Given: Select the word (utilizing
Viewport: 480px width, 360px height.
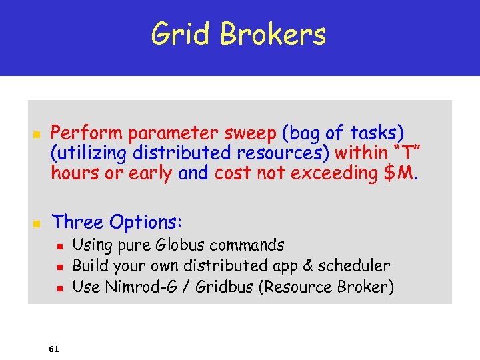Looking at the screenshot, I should [x=89, y=153].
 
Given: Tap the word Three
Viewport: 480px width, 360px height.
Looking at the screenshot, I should [x=78, y=221].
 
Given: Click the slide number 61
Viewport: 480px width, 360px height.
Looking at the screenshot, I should [x=53, y=349].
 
